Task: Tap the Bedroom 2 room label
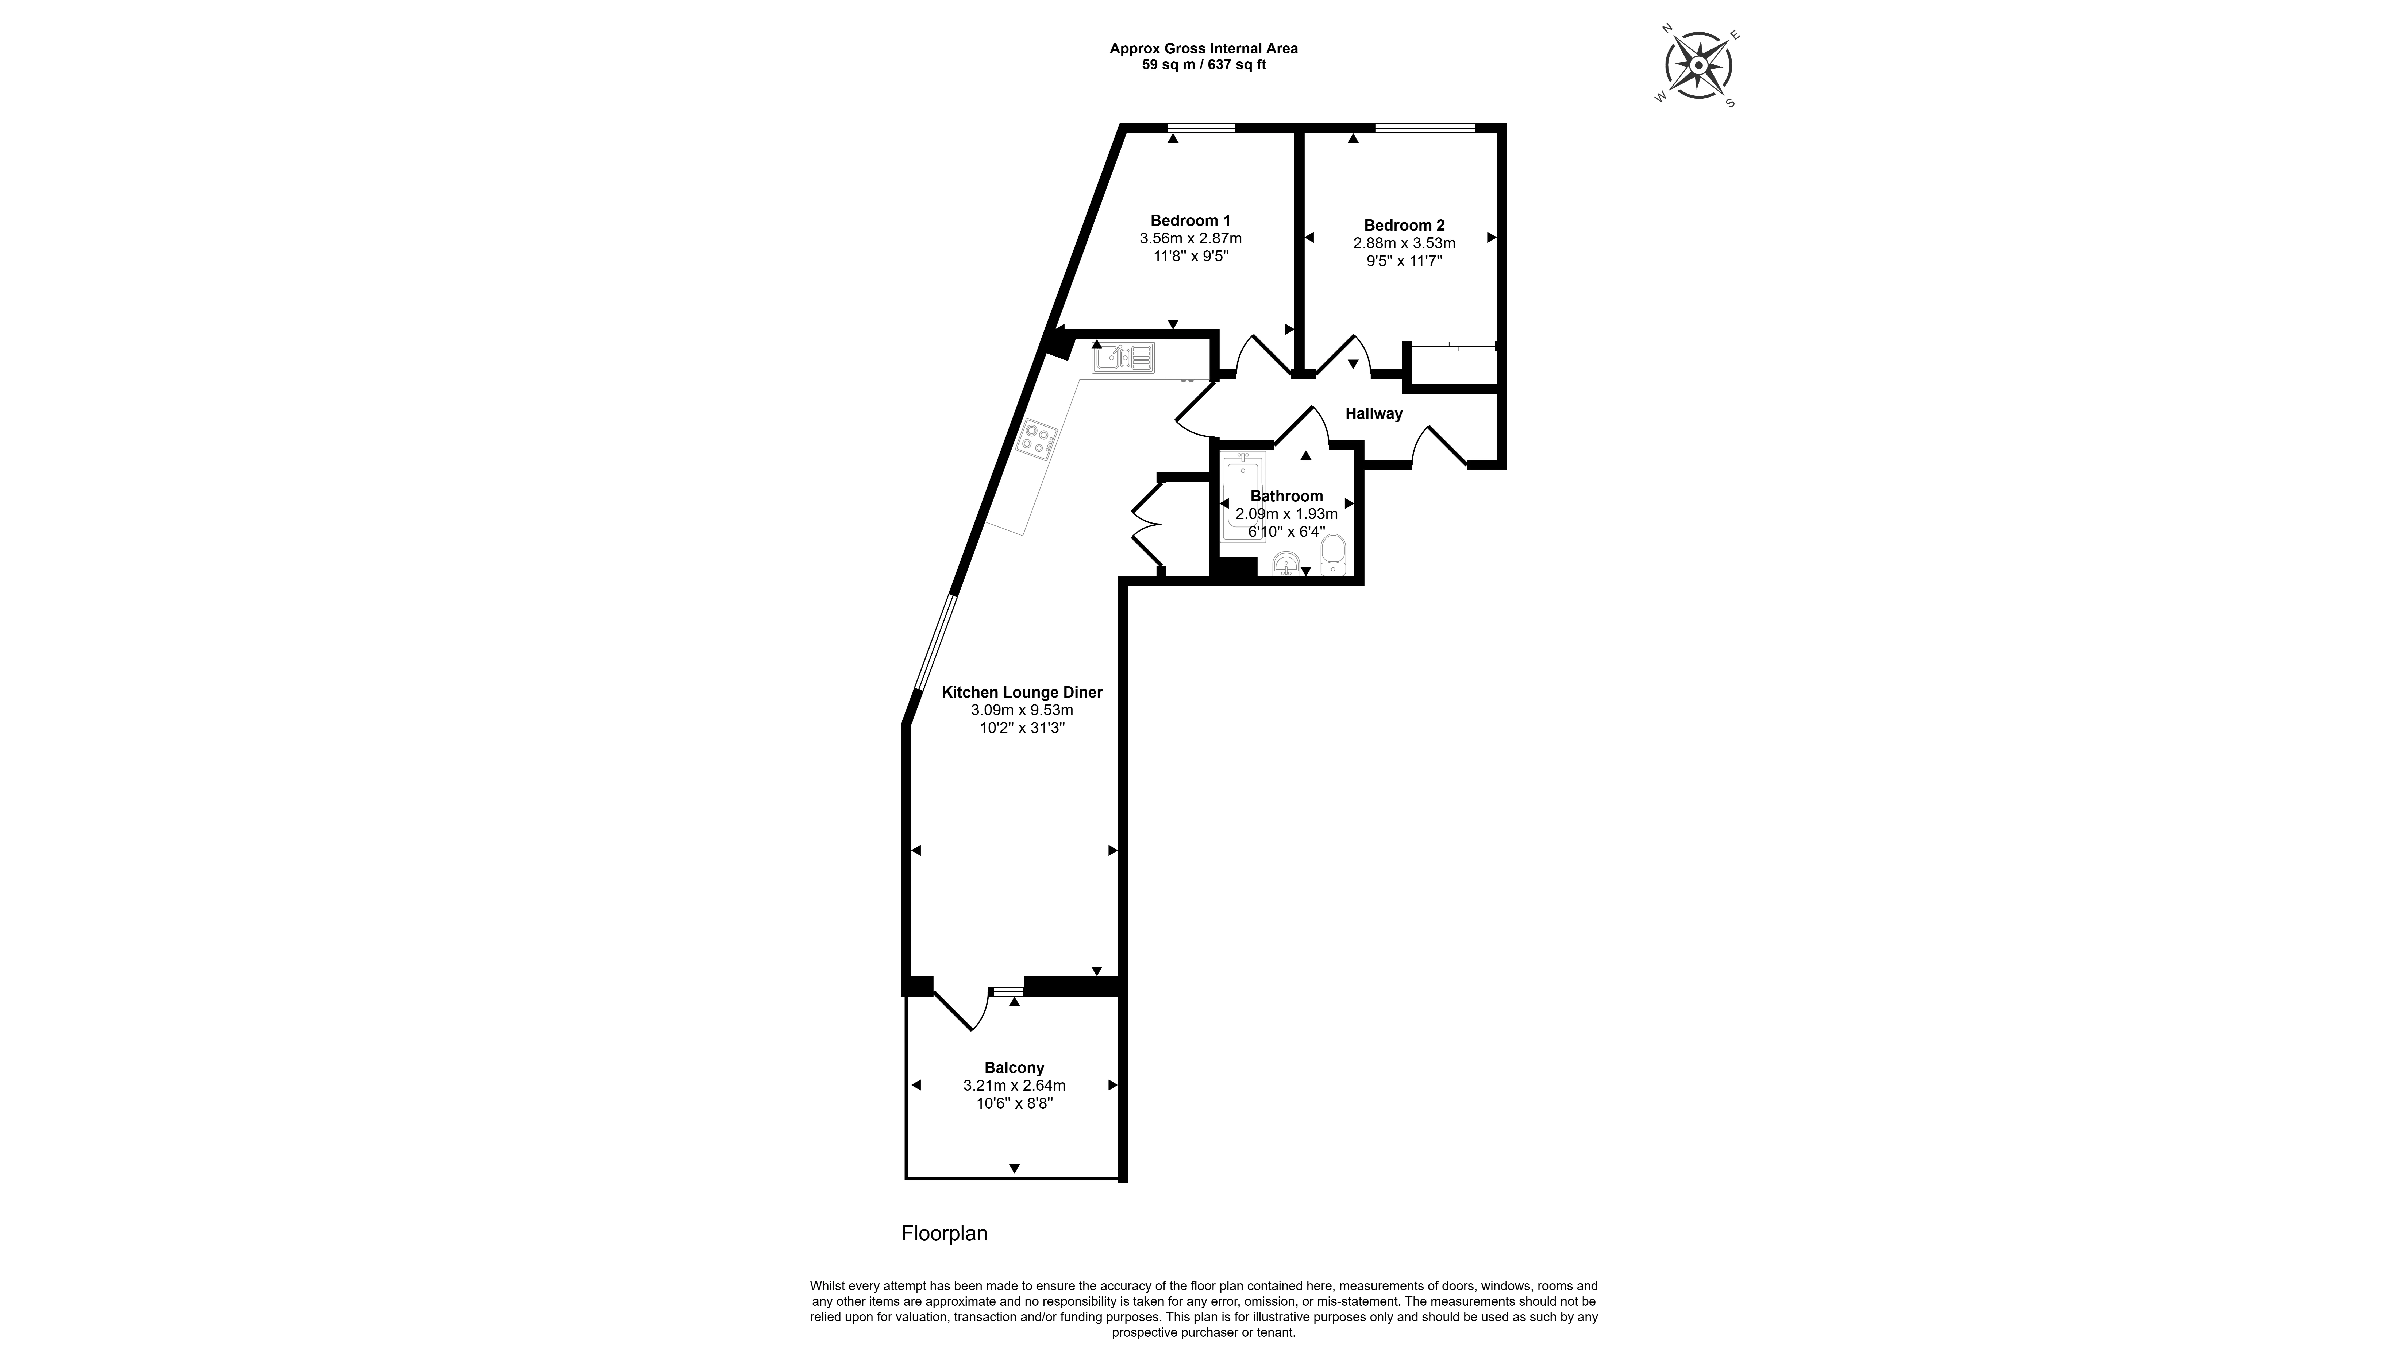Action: tap(1404, 225)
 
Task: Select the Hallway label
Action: tap(1373, 413)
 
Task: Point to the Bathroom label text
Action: tap(1286, 496)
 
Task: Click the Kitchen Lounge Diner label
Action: tap(1022, 693)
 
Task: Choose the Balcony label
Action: tap(1014, 1067)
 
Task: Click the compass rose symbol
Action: tap(1698, 65)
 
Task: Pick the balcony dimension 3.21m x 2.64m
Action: tap(1014, 1085)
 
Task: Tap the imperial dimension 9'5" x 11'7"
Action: tap(1404, 261)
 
